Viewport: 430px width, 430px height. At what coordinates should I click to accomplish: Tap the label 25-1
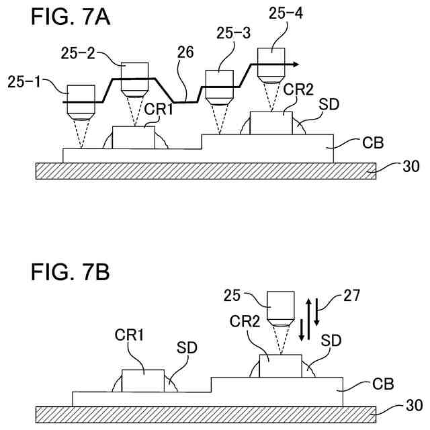[x=25, y=83]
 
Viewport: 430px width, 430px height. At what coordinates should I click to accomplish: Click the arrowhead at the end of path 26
[x=294, y=64]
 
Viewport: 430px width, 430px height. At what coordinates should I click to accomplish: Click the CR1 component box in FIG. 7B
[x=143, y=380]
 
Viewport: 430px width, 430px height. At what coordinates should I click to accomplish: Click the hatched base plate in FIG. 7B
[x=215, y=414]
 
